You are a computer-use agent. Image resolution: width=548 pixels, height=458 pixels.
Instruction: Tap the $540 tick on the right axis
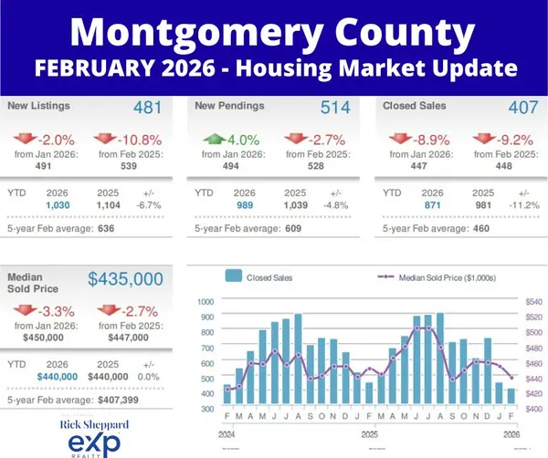[534, 301]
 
